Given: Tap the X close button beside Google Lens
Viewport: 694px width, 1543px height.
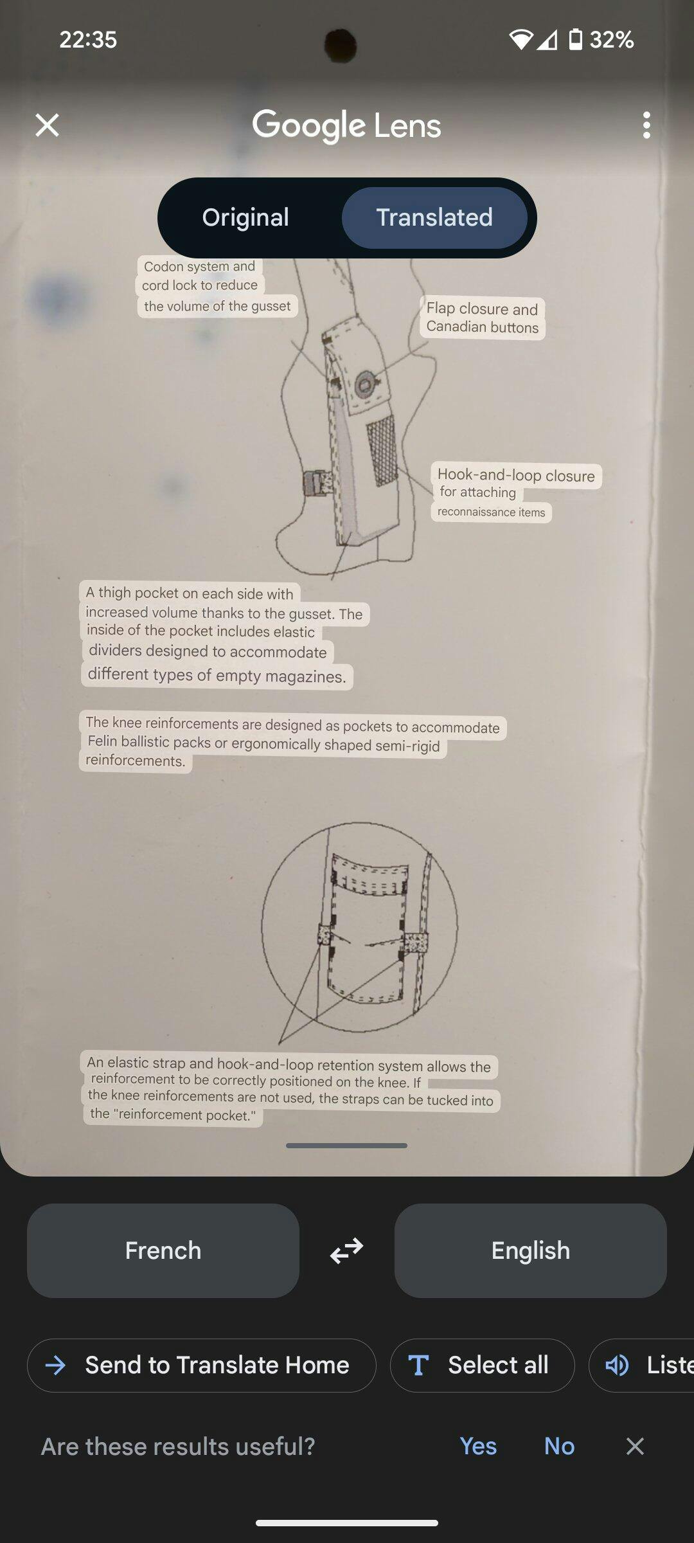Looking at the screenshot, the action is (47, 125).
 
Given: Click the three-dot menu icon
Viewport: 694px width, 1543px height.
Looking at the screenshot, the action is (646, 125).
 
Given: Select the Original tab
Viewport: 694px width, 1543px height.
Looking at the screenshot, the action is (245, 217).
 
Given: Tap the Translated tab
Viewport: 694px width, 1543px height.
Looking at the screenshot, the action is (434, 217).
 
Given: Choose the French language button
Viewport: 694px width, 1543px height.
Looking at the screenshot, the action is (163, 1250).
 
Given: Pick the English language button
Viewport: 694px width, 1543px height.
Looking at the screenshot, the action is (531, 1250).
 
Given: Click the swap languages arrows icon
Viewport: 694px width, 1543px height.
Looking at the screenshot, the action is (347, 1250).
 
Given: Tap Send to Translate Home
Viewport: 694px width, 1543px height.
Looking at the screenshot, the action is (202, 1365).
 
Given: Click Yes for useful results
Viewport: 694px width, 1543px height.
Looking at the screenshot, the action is (478, 1446).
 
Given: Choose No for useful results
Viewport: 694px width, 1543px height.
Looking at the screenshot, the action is (559, 1446).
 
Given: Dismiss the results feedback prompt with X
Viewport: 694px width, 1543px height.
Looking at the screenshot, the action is (635, 1446).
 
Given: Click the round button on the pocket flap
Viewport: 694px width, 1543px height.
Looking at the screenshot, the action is (365, 384).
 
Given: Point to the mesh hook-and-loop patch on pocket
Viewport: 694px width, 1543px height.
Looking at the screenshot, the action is (382, 449).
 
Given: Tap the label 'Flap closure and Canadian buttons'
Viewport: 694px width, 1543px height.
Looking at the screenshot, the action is (483, 318).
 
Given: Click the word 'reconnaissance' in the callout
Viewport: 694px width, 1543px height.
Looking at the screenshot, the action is (477, 512).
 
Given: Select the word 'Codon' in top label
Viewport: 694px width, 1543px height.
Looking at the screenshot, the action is (164, 266).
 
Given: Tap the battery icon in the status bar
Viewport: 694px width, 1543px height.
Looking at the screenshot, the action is (576, 40).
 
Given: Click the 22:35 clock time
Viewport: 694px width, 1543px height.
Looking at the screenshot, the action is (88, 40).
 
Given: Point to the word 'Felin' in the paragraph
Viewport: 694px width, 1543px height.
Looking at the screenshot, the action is (102, 741).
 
